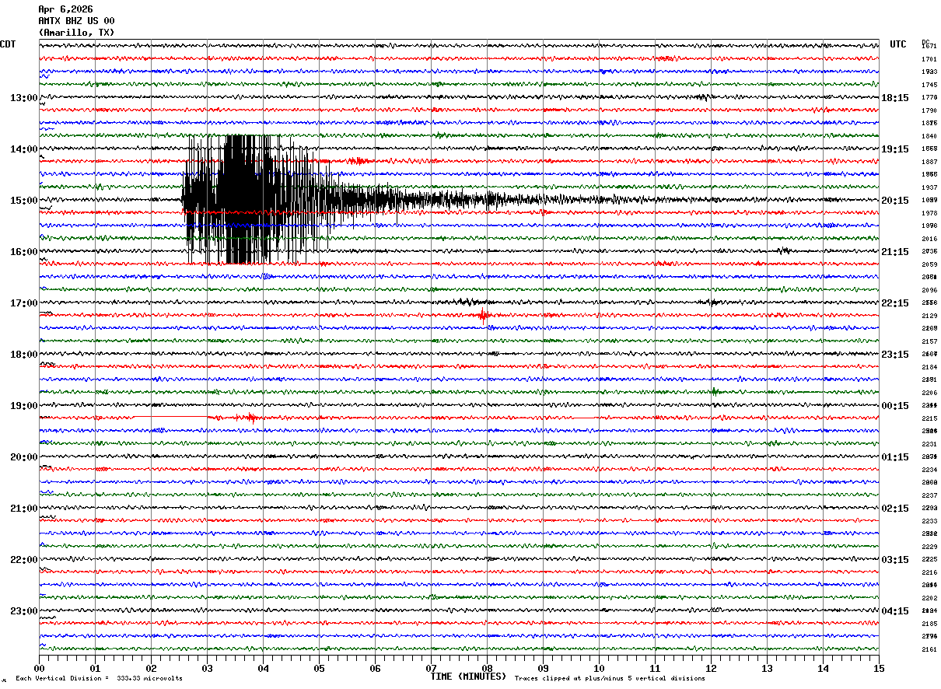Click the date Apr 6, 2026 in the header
pos(65,9)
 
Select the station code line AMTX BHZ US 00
pos(76,21)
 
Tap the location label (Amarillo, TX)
pos(76,33)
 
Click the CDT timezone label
pos(8,44)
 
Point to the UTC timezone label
pos(898,44)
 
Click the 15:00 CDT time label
pos(23,201)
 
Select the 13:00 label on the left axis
pos(23,98)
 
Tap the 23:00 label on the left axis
pos(23,611)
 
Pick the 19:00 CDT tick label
pos(23,406)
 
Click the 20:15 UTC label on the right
pos(895,201)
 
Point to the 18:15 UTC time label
pos(895,98)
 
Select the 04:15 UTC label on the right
pos(895,611)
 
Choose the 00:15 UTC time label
pos(895,406)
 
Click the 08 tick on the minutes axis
pos(488,668)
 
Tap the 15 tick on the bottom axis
pos(879,668)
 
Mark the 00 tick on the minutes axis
pos(40,668)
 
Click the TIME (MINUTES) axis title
pos(468,677)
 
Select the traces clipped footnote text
pos(610,679)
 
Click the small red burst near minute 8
pos(483,315)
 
